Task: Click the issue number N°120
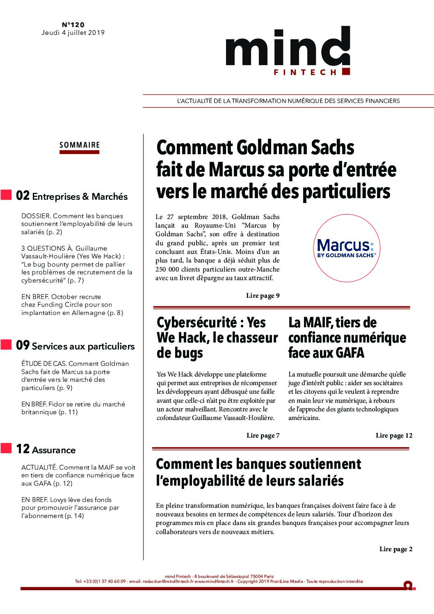coord(73,25)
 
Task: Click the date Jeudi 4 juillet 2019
coord(73,33)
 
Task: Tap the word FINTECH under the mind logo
coord(305,72)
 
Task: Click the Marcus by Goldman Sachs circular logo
coord(347,248)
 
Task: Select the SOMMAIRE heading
coord(80,145)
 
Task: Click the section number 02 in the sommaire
coord(23,196)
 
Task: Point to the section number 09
coord(23,345)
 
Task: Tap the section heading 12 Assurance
coord(46,449)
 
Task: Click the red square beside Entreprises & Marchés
coord(6,195)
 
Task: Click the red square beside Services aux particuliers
coord(6,345)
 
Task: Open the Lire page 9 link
coord(263,296)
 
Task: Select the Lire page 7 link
coord(263,436)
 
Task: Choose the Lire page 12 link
coord(394,436)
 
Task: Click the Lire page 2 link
coord(396,549)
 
